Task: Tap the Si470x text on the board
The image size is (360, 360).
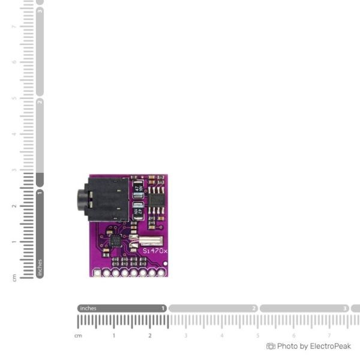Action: [x=155, y=250]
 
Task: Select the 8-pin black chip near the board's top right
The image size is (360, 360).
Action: [x=157, y=198]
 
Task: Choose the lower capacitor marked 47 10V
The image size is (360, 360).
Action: [x=138, y=211]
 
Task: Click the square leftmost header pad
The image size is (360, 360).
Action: [x=97, y=272]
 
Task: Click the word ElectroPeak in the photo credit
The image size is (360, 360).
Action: [x=330, y=346]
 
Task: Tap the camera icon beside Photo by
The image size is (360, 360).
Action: [x=271, y=346]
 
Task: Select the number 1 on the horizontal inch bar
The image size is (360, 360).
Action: [x=163, y=308]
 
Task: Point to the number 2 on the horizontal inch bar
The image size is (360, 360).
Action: [x=254, y=308]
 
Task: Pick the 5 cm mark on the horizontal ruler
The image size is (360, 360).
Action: [x=258, y=335]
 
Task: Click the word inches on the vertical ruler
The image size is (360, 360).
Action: [x=40, y=268]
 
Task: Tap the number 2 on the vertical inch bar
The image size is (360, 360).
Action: [x=40, y=102]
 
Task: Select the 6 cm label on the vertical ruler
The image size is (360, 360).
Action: [x=14, y=61]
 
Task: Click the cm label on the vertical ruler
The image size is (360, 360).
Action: [x=14, y=277]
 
